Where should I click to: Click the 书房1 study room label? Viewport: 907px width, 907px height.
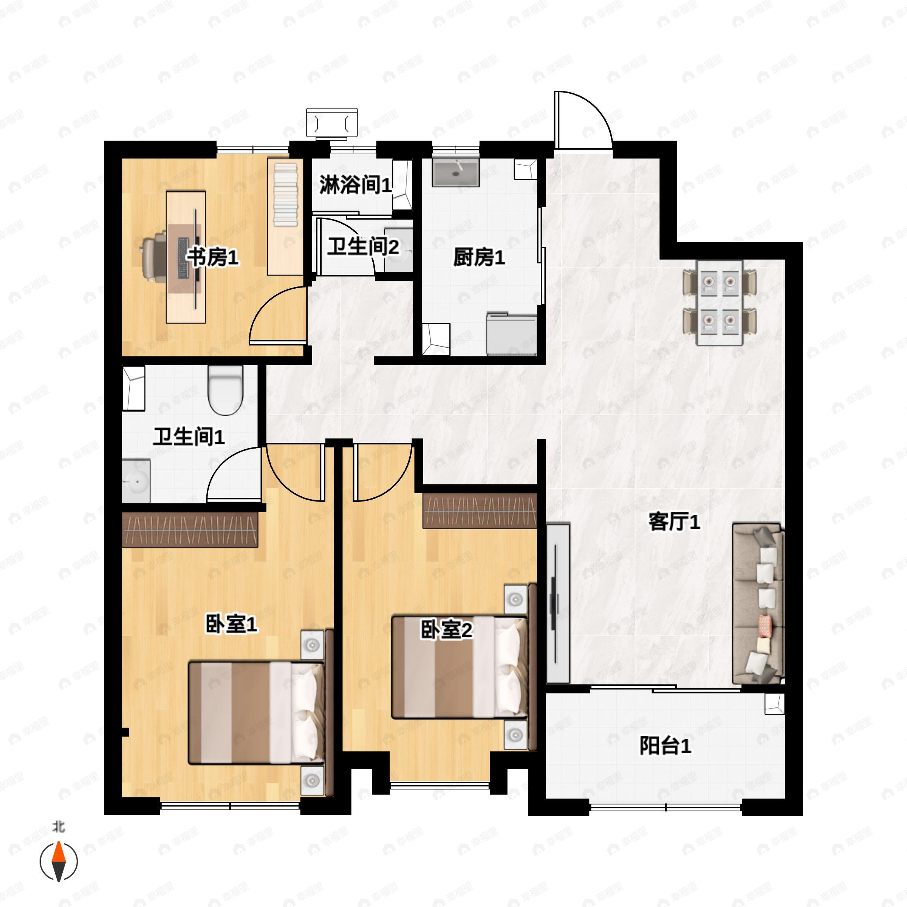[213, 257]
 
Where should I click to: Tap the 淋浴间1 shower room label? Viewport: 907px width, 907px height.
[355, 185]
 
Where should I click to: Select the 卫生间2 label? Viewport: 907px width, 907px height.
[363, 246]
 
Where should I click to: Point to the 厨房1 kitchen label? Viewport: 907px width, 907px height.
[479, 257]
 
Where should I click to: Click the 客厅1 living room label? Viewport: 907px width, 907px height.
[674, 522]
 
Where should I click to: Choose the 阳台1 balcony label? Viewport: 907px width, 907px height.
[665, 746]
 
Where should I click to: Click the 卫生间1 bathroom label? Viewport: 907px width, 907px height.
[189, 436]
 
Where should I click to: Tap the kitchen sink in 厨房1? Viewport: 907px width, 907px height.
[455, 172]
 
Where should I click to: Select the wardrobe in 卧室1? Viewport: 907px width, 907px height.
[190, 529]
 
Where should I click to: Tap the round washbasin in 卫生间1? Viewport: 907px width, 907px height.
[136, 481]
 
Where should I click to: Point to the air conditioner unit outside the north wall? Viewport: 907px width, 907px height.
[332, 123]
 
